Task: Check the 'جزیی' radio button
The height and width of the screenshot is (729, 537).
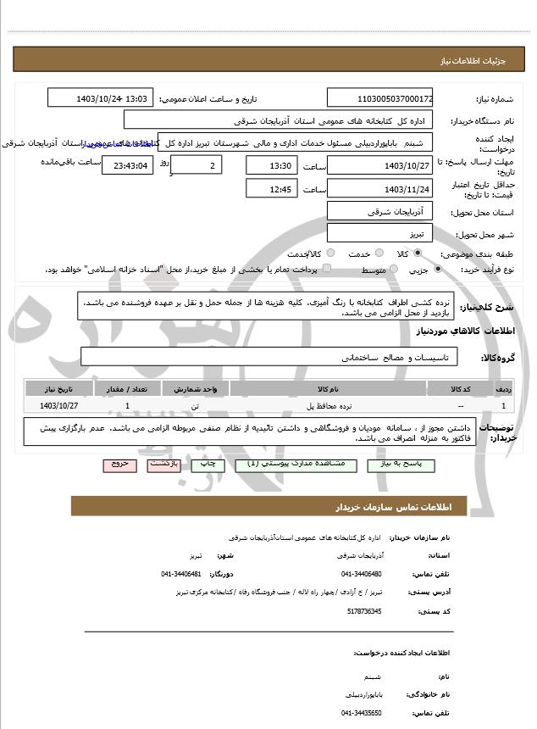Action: click(437, 270)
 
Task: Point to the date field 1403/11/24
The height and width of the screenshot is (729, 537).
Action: click(379, 188)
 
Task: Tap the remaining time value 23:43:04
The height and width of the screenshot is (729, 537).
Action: click(127, 165)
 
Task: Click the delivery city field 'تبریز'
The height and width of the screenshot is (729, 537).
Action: click(379, 232)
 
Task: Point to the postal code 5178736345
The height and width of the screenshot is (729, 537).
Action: click(363, 610)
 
